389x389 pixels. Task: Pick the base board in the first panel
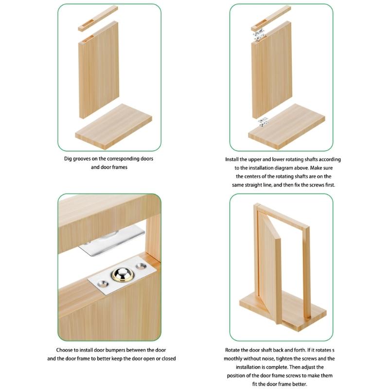point(114,124)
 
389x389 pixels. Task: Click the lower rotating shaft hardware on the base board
point(263,122)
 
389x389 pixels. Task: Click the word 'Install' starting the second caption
point(233,159)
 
